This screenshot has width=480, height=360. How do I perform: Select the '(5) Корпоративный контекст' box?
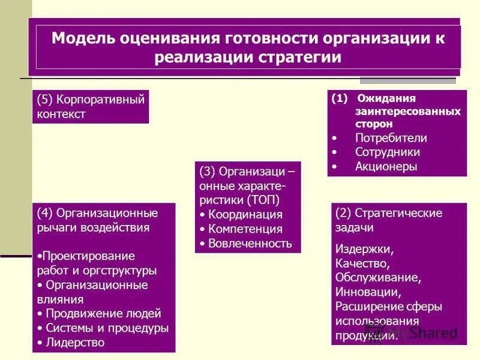[x=90, y=106]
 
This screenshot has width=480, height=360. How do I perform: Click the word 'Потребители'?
[x=391, y=138]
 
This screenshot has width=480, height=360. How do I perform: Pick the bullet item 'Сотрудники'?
[x=387, y=152]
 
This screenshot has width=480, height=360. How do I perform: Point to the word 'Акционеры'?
[x=385, y=167]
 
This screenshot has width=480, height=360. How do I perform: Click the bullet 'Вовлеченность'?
[x=250, y=243]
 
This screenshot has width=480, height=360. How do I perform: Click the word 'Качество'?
[x=363, y=263]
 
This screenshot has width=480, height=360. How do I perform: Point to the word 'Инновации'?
[x=367, y=292]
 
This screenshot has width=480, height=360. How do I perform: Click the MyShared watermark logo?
[x=414, y=332]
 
